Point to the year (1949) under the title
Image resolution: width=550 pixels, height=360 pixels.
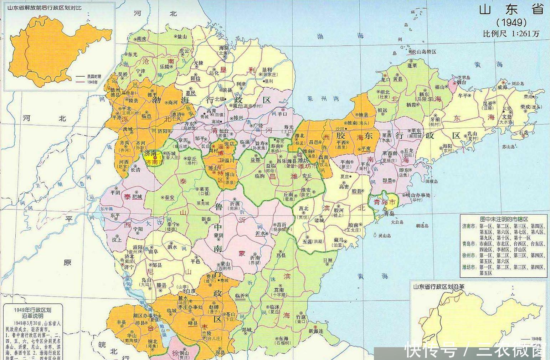click(x=512, y=22)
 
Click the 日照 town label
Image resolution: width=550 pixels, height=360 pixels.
click(x=328, y=261)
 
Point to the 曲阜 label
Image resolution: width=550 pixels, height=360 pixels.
click(x=153, y=252)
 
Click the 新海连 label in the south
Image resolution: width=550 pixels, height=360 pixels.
click(x=318, y=331)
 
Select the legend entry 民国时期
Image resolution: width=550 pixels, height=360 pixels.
click(x=93, y=76)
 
